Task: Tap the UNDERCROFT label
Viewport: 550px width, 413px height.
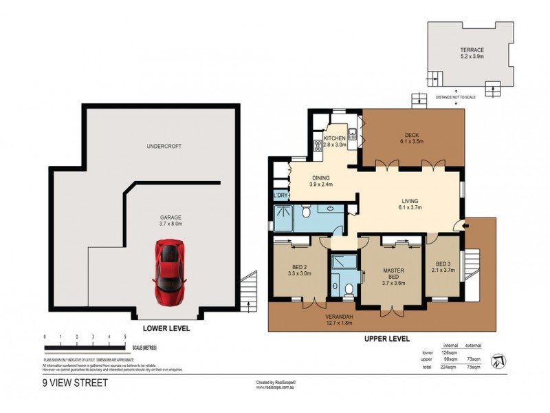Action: (164, 147)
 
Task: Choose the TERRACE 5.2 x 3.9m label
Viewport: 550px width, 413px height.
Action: (472, 54)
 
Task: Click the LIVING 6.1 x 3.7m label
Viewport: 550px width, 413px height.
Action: (410, 204)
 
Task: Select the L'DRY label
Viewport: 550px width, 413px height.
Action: (280, 196)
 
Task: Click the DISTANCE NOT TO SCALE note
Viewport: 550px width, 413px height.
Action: (455, 97)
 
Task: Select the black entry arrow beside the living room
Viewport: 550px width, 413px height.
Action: (467, 223)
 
